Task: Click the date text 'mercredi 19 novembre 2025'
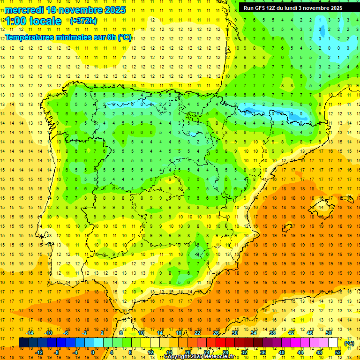point(65,10)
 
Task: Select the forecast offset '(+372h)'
point(83,21)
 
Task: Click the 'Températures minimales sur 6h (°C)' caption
point(68,37)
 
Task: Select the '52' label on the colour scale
point(338,352)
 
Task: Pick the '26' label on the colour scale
point(216,333)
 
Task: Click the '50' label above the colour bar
point(329,333)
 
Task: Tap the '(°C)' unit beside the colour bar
point(349,343)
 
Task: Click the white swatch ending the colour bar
point(333,343)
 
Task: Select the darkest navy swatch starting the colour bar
point(23,343)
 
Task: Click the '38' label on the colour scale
point(272,333)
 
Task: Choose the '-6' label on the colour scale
point(67,333)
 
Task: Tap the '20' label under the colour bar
point(188,352)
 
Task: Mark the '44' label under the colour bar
point(300,352)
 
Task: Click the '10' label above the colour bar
point(141,333)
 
